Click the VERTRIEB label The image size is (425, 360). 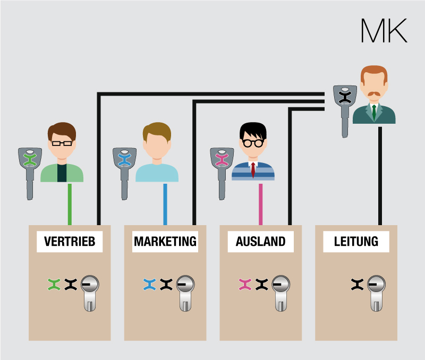(x=70, y=242)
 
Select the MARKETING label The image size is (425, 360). (x=165, y=242)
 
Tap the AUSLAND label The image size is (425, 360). (x=260, y=242)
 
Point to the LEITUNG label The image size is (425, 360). (x=356, y=242)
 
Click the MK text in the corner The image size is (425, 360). (x=384, y=31)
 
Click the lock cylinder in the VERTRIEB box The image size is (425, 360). (x=90, y=292)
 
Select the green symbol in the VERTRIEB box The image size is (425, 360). (x=54, y=285)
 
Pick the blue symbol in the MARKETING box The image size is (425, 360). (x=149, y=285)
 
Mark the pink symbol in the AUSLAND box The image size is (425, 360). (x=245, y=285)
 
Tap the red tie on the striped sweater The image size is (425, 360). (x=253, y=170)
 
